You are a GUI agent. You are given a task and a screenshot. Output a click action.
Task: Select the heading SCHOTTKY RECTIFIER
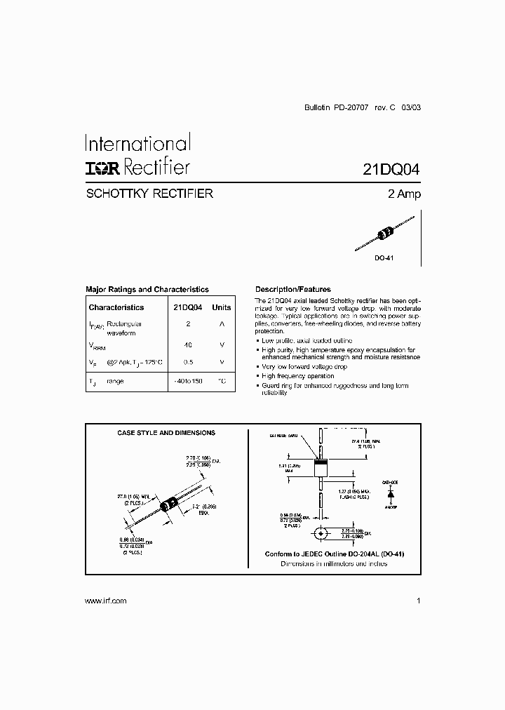(149, 194)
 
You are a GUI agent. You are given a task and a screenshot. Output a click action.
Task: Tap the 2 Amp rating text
(404, 194)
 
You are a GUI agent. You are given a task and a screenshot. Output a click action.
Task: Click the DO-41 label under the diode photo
(384, 259)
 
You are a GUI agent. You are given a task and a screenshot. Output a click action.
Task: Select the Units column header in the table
(222, 307)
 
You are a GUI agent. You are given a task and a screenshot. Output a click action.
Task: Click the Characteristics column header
(116, 307)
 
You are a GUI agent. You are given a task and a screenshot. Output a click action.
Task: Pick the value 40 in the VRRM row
(187, 345)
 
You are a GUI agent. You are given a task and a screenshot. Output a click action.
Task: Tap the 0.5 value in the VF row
(187, 362)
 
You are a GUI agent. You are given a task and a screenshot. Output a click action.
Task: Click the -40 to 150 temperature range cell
(187, 380)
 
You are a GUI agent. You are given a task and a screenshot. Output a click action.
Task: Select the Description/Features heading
(292, 289)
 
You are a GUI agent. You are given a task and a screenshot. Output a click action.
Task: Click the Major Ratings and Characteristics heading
(147, 289)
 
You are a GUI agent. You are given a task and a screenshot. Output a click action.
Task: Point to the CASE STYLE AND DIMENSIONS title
(166, 433)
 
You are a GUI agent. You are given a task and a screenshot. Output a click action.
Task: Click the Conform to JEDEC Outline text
(334, 554)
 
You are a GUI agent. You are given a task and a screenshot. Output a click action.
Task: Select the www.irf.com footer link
(105, 601)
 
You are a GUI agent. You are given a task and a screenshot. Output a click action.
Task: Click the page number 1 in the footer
(418, 601)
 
